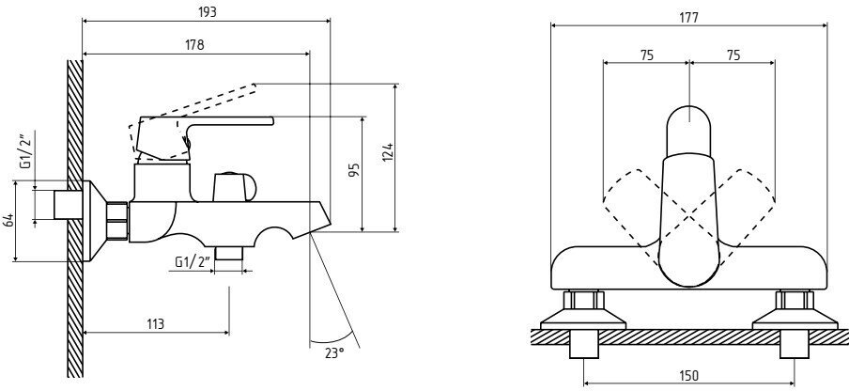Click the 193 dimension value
208,12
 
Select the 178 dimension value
195,44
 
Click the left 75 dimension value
646,55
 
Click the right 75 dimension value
733,55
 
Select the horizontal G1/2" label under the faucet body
191,261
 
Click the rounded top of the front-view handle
689,127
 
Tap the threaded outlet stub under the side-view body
228,255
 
